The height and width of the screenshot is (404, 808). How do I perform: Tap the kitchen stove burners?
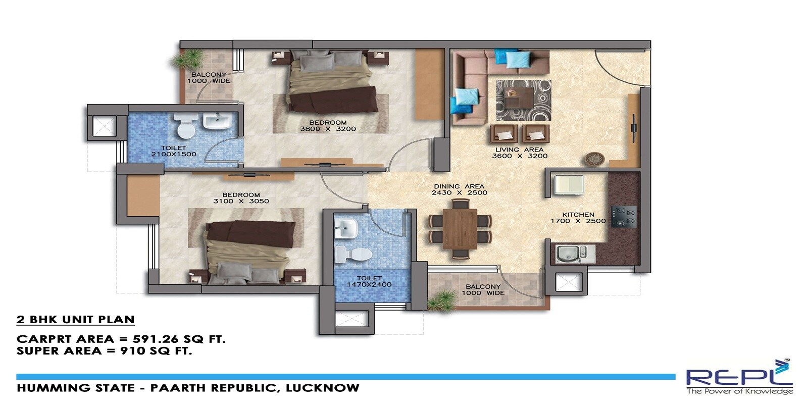pyautogui.click(x=624, y=216)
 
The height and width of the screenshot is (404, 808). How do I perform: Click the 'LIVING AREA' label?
pyautogui.click(x=519, y=149)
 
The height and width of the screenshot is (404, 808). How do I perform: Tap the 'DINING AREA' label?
pyautogui.click(x=459, y=186)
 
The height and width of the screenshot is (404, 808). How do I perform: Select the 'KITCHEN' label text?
pyautogui.click(x=578, y=215)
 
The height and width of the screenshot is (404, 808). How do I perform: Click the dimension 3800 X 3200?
pyautogui.click(x=328, y=129)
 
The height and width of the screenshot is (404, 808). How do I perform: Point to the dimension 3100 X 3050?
pyautogui.click(x=241, y=201)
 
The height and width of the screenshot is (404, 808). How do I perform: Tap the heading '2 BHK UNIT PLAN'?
pyautogui.click(x=76, y=320)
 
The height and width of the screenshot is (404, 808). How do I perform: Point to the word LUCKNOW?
pyautogui.click(x=323, y=388)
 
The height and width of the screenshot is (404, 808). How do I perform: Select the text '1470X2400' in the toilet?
pyautogui.click(x=369, y=284)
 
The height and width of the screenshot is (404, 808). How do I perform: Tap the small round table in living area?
pyautogui.click(x=592, y=159)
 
